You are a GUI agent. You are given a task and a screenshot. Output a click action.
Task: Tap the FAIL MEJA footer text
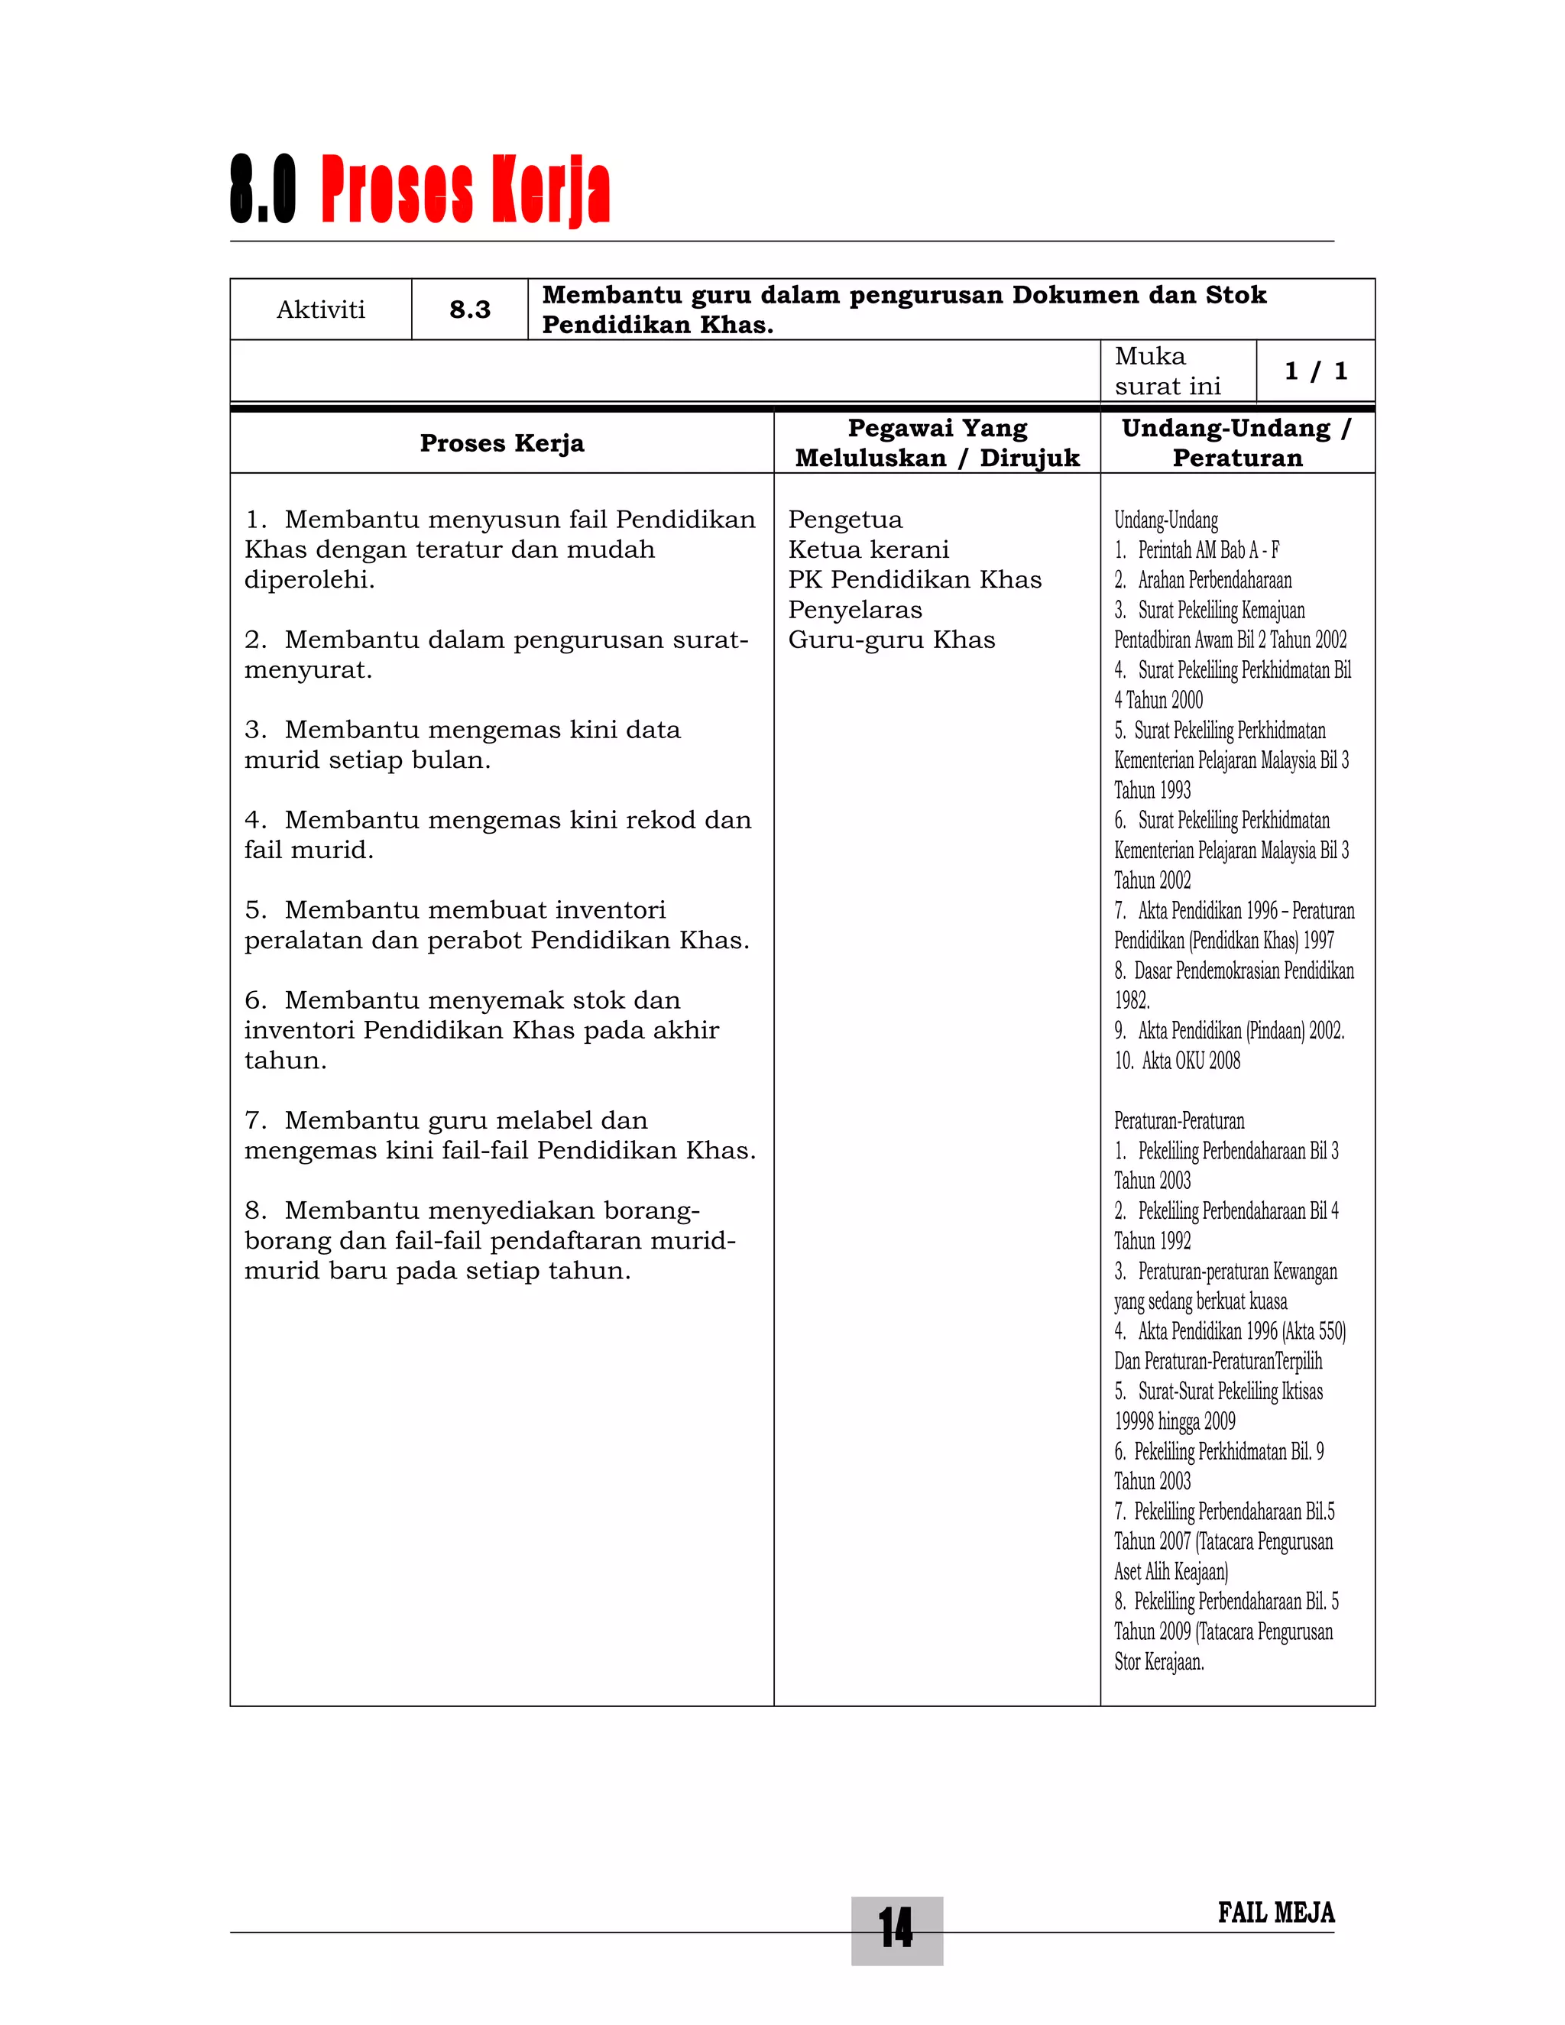tap(1275, 1913)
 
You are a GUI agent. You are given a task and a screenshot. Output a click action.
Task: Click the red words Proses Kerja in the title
tap(465, 190)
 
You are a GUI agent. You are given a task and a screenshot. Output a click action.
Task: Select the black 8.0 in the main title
tap(264, 190)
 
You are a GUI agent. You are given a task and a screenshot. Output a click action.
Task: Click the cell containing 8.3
tap(470, 309)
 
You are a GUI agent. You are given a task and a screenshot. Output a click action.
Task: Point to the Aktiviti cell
tap(321, 309)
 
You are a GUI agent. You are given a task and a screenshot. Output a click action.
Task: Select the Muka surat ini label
tap(1168, 371)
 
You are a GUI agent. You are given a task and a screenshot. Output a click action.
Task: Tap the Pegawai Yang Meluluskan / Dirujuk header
tap(938, 443)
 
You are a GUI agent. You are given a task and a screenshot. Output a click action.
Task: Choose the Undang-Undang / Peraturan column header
tap(1237, 443)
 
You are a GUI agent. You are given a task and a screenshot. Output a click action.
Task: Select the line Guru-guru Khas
tap(891, 640)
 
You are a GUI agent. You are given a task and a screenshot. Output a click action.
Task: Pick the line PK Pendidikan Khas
tap(914, 579)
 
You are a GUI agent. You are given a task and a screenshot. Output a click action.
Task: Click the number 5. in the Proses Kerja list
tap(255, 909)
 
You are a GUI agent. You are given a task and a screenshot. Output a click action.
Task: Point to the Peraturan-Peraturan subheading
tap(1178, 1121)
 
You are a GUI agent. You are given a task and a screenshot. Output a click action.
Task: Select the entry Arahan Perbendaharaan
tap(1213, 581)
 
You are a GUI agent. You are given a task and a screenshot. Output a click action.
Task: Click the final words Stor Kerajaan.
tap(1159, 1661)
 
